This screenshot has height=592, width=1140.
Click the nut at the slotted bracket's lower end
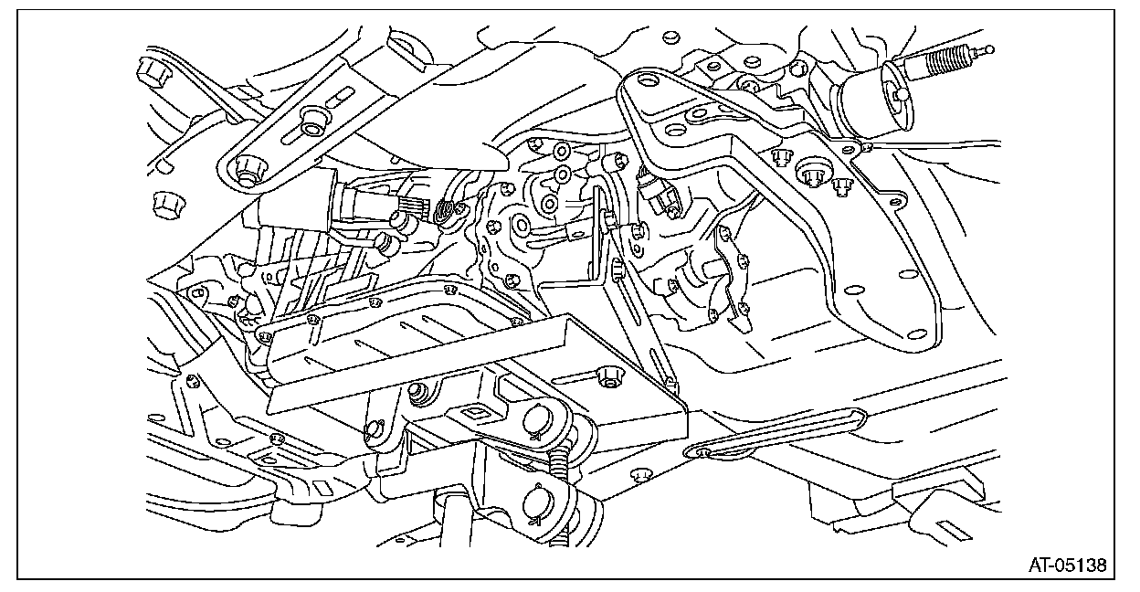coord(244,168)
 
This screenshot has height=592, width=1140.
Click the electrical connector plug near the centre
coord(655,193)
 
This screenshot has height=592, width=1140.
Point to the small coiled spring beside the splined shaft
coord(445,212)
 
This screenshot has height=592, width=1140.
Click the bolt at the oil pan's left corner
coord(266,336)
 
